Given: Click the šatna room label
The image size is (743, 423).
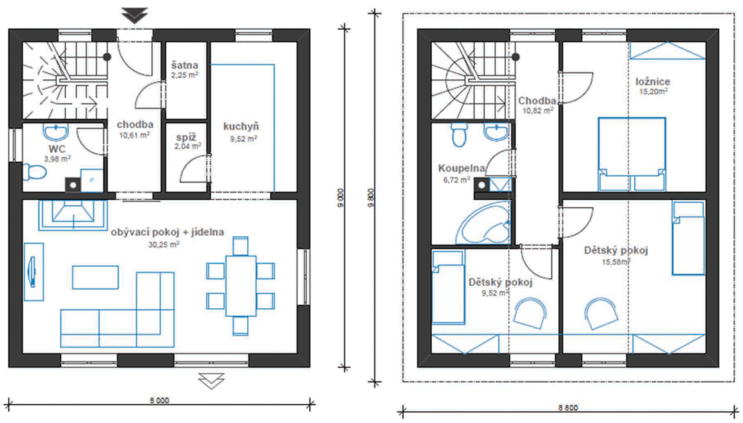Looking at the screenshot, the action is tap(185, 65).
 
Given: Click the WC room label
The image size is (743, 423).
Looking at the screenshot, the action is tap(57, 149).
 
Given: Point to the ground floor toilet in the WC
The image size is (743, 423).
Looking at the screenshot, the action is tap(34, 172).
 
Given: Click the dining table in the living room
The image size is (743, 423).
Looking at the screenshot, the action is tap(241, 285).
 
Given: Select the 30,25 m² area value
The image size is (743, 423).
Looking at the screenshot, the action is tap(164, 245).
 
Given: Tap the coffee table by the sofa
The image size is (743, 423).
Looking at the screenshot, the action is tap(95, 277).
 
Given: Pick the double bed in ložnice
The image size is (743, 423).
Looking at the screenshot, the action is tap(632, 154).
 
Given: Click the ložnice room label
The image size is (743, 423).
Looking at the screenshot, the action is tap(653, 81).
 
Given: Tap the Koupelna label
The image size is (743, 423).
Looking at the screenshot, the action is tap(461, 168).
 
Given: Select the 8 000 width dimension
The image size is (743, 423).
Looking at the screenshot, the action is tap(159, 401).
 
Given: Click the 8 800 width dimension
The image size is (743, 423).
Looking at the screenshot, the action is tap(568, 408).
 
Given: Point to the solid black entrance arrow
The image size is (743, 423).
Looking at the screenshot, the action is tap(135, 15).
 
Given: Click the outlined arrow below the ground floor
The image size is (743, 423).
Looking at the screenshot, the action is tap(211, 380).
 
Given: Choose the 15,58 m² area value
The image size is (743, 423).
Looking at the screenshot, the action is tap(616, 261).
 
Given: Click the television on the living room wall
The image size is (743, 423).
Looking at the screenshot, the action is tap(33, 272).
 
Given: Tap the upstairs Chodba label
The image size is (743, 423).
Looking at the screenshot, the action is tap(537, 100).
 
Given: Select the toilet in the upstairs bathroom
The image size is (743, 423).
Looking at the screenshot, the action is tap(459, 135).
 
